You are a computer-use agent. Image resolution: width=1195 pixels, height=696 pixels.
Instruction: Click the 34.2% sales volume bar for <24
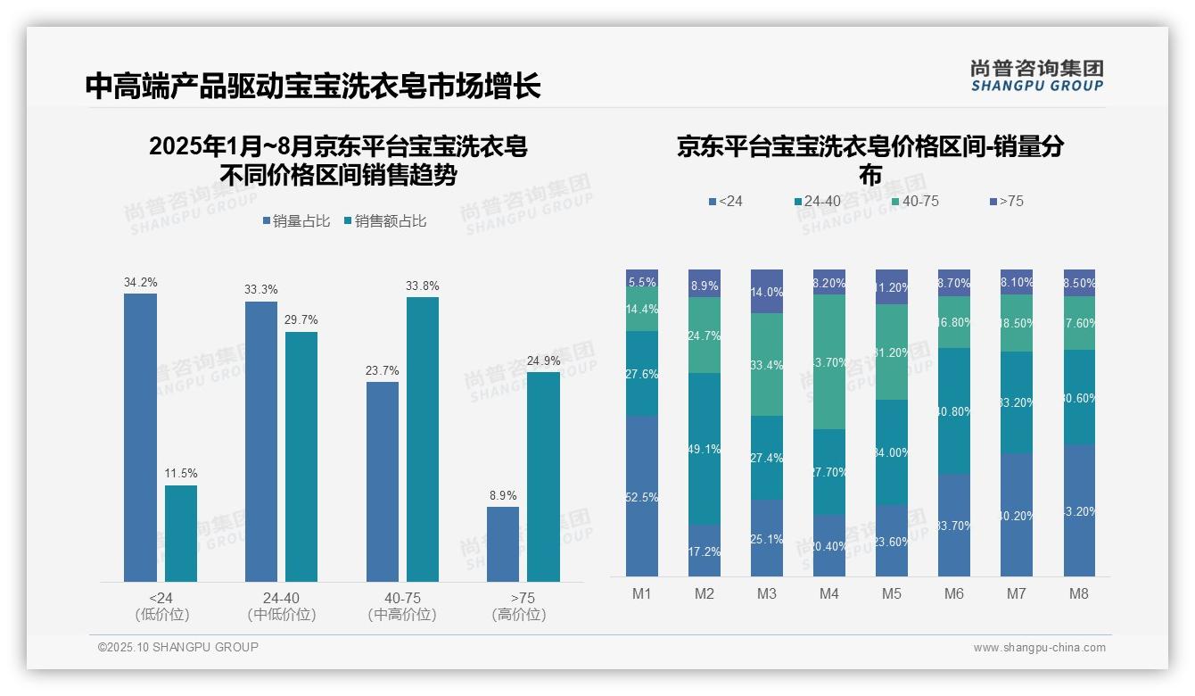click(x=140, y=437)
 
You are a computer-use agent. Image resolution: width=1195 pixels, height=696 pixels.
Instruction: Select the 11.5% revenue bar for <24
click(x=181, y=533)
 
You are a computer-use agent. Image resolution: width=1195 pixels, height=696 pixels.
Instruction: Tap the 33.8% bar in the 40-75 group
click(x=423, y=439)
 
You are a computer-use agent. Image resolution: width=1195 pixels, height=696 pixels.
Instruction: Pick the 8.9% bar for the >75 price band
click(x=503, y=543)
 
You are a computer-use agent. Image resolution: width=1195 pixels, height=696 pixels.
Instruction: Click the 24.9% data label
click(x=543, y=360)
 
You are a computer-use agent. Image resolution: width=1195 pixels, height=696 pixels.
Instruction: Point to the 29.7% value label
click(x=301, y=320)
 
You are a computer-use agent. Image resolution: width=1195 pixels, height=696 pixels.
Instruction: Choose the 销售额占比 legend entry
click(x=384, y=221)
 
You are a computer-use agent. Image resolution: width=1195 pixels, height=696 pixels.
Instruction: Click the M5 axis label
click(x=892, y=593)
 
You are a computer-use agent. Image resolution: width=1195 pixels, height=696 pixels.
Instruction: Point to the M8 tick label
click(x=1078, y=593)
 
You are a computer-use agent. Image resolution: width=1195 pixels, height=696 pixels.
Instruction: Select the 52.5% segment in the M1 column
click(x=642, y=496)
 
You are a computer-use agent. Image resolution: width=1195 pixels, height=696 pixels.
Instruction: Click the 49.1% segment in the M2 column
click(x=705, y=448)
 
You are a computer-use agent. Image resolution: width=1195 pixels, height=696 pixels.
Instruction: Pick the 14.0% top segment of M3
click(x=767, y=291)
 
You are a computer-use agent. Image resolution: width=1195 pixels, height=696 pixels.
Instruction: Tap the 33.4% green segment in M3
click(x=767, y=364)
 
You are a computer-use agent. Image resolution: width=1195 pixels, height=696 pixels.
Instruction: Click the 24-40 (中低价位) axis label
click(x=281, y=606)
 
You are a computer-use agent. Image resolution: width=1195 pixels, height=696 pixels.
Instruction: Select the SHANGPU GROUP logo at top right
click(x=1036, y=76)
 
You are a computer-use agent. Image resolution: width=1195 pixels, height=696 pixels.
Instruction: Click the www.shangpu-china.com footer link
click(x=1039, y=648)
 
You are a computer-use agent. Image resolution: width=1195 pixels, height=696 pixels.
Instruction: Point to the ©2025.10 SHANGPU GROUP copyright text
click(x=178, y=647)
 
